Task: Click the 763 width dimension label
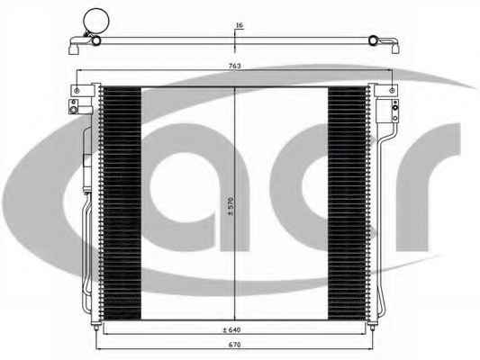pos(234,66)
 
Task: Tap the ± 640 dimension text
pos(231,329)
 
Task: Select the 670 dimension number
pos(234,345)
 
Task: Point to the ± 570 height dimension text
pos(231,206)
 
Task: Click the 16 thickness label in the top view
pos(240,25)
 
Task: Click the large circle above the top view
pos(96,21)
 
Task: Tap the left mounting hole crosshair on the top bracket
pos(77,91)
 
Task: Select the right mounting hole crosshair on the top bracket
pos(392,91)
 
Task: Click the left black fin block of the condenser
pos(122,203)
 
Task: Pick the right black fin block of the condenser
pos(347,203)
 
